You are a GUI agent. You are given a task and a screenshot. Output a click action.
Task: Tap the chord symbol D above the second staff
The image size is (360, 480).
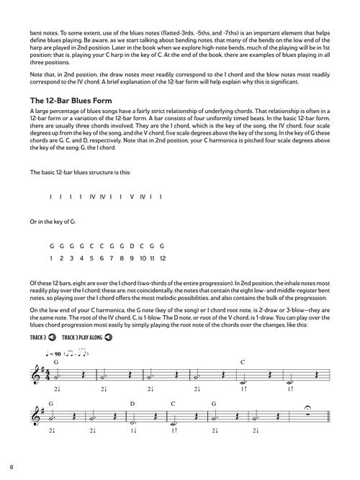coord(132,404)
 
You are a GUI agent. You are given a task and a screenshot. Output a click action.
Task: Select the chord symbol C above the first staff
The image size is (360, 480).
coord(243,361)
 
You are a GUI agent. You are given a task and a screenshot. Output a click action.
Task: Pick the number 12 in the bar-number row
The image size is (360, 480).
coord(163,258)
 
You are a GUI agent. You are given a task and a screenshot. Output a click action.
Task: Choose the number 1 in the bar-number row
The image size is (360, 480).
coord(51,258)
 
